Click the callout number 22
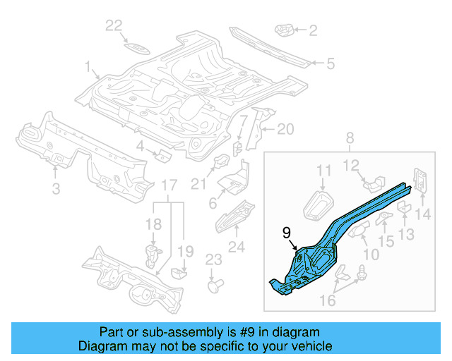(114, 25)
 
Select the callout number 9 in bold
(287, 232)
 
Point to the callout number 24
(236, 247)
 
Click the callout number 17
(168, 185)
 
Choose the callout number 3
(56, 188)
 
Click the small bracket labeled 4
(162, 155)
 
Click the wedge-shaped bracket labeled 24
(234, 214)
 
